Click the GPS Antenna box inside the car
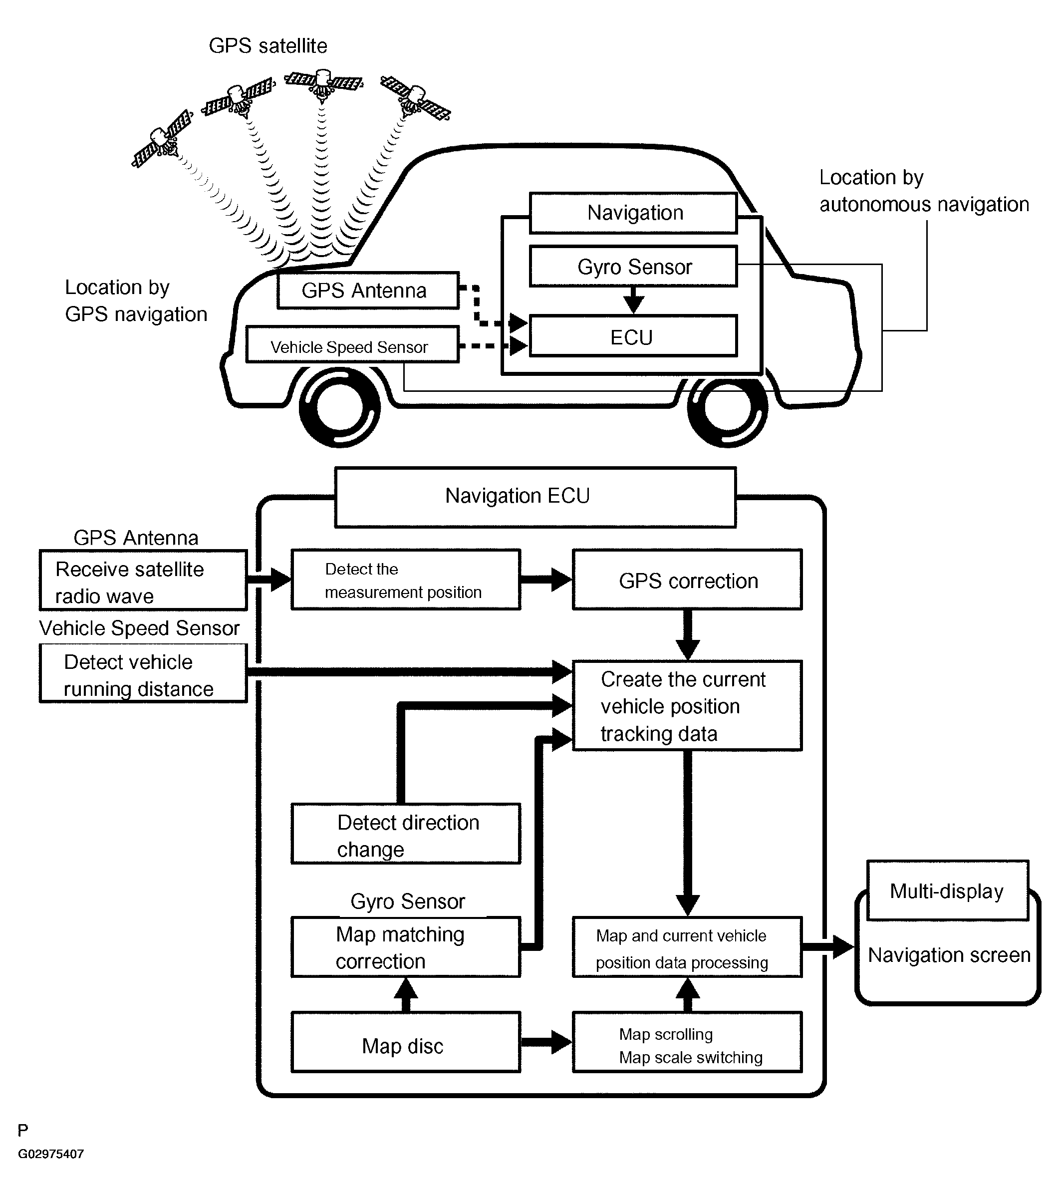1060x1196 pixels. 368,290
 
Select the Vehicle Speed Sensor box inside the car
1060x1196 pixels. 352,344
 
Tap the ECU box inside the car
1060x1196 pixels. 633,336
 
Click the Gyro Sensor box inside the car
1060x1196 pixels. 633,266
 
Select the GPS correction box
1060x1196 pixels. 687,579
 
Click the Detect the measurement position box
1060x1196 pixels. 406,579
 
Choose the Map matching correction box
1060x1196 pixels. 406,947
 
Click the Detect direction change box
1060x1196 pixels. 406,833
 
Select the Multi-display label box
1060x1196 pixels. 948,891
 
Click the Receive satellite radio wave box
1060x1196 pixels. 143,580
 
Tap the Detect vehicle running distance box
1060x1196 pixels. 143,673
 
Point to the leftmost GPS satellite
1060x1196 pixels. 163,139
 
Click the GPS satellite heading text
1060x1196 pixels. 268,45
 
